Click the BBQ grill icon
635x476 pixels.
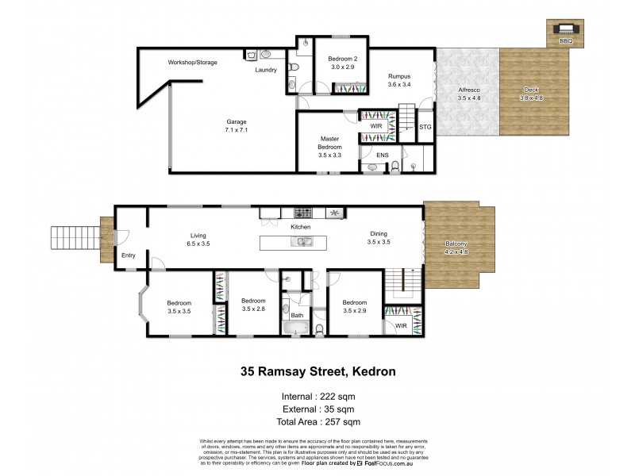coord(565,30)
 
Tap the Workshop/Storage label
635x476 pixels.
coord(192,62)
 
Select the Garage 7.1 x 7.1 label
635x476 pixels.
coord(237,126)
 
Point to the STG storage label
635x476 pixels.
coord(425,126)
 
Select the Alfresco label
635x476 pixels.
coord(468,94)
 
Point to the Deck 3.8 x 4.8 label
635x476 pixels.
coord(532,94)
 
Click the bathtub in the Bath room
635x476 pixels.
coord(296,327)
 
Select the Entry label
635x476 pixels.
coord(128,255)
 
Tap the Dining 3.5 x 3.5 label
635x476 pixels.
coord(379,237)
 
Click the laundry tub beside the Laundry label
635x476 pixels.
coord(252,55)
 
